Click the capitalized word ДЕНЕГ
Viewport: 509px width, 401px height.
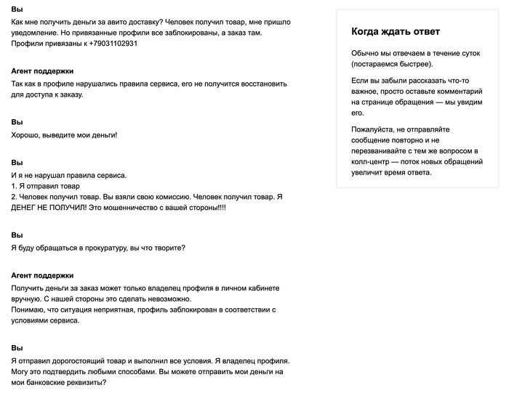pyautogui.click(x=28, y=207)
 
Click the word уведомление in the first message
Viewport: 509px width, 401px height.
pyautogui.click(x=36, y=33)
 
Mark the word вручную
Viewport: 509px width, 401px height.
pyautogui.click(x=27, y=299)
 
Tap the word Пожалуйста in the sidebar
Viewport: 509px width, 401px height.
pyautogui.click(x=374, y=129)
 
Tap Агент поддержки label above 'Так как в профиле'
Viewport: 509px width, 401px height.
pyautogui.click(x=43, y=71)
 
